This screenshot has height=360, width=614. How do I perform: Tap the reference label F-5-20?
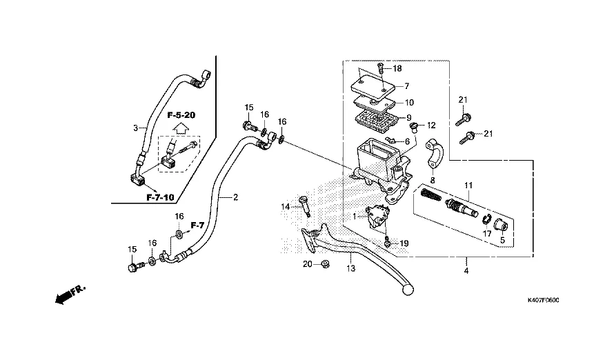pyautogui.click(x=181, y=115)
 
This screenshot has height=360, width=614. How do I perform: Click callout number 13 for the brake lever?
pyautogui.click(x=350, y=268)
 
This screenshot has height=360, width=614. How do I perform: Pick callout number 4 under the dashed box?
pyautogui.click(x=466, y=270)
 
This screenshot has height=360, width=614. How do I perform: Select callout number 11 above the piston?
pyautogui.click(x=469, y=186)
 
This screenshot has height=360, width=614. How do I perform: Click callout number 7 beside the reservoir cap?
pyautogui.click(x=407, y=86)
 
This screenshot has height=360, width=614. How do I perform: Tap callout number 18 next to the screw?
pyautogui.click(x=397, y=68)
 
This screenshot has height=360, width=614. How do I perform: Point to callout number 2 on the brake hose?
pyautogui.click(x=235, y=197)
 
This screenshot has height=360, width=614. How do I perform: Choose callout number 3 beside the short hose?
pyautogui.click(x=136, y=128)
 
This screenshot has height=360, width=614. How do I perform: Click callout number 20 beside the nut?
pyautogui.click(x=306, y=264)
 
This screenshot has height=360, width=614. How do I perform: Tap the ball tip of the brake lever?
pyautogui.click(x=406, y=290)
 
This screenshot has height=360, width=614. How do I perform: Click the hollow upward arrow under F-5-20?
pyautogui.click(x=180, y=128)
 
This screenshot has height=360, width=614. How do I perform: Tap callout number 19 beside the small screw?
pyautogui.click(x=404, y=243)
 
